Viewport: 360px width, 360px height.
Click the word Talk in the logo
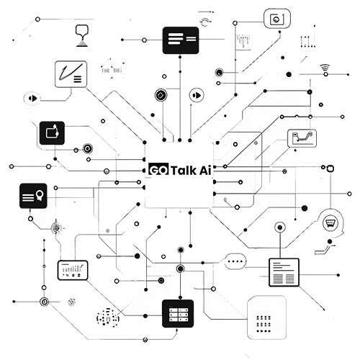(x=184, y=170)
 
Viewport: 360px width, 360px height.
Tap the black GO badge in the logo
(x=158, y=169)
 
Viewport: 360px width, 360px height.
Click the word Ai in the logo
(x=204, y=170)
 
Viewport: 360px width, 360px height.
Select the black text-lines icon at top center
(x=181, y=40)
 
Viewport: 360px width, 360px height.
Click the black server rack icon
(x=178, y=313)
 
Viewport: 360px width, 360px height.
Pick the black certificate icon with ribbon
(x=33, y=196)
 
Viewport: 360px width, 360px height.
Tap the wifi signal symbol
(x=325, y=68)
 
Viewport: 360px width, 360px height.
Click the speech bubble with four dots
(x=235, y=261)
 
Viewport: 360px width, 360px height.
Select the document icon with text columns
(x=284, y=272)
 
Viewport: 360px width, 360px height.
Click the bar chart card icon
(x=73, y=270)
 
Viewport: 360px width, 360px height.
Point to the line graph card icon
(x=302, y=138)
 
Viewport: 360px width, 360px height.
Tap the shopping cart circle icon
(x=330, y=223)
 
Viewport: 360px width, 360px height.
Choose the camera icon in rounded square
(x=277, y=19)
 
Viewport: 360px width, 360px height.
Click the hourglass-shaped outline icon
(x=82, y=35)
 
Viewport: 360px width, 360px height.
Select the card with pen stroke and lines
(x=71, y=74)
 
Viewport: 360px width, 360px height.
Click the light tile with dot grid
(x=266, y=318)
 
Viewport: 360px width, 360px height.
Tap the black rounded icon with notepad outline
(x=52, y=133)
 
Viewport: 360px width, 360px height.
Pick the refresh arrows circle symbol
(x=205, y=22)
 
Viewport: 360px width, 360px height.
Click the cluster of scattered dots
(x=108, y=318)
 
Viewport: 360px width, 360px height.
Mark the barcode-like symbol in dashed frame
(x=112, y=70)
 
